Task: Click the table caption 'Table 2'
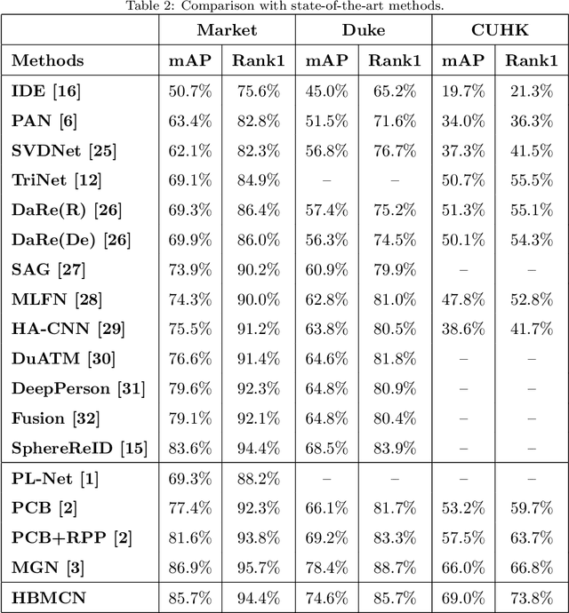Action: [284, 6]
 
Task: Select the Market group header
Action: [227, 30]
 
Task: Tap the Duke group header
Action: [364, 30]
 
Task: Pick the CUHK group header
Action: [501, 30]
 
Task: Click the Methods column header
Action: [48, 60]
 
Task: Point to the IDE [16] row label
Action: [43, 91]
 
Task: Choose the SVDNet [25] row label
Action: [63, 150]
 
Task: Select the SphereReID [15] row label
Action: [79, 448]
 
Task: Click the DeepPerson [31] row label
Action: [78, 388]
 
